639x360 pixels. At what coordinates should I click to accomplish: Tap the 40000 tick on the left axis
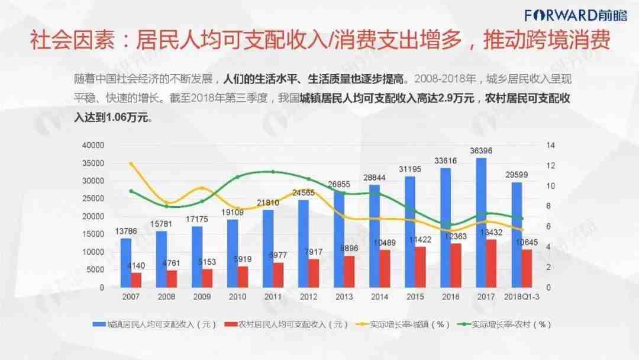tap(93, 145)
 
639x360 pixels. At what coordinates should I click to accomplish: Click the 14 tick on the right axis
tap(550, 145)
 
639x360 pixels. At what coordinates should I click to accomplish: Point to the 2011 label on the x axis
tap(273, 297)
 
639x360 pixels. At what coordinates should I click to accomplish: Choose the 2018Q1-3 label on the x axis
tap(521, 297)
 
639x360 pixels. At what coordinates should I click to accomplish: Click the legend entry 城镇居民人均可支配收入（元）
tap(154, 324)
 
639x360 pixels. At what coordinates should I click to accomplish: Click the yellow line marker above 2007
tap(131, 164)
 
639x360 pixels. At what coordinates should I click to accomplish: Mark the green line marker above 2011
tap(273, 172)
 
